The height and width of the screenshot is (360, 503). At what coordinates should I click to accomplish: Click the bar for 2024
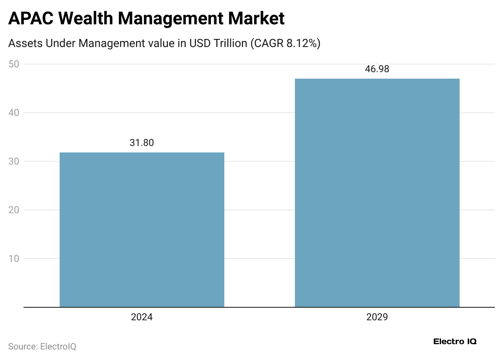coord(142,229)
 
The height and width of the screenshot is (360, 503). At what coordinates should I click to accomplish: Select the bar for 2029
coord(377,193)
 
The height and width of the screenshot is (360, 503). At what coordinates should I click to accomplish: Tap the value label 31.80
coord(142,143)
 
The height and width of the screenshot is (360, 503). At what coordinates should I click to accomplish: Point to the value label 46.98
coord(377,69)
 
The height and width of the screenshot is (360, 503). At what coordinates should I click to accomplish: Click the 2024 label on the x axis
coord(142,317)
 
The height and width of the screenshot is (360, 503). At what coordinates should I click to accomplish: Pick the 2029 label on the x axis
coord(377,317)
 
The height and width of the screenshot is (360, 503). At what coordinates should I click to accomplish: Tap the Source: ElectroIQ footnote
coord(42,347)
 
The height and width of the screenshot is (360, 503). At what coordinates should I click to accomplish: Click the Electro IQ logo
coord(455,341)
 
